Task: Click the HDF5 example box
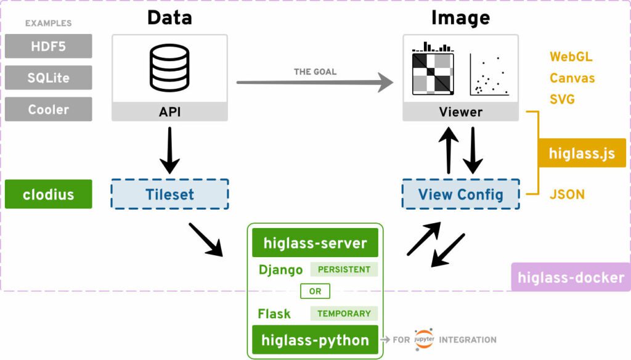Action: [x=49, y=46]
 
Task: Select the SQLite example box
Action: [x=49, y=78]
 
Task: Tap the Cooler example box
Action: [x=49, y=109]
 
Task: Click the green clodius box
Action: [x=49, y=194]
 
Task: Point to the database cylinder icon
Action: [x=169, y=69]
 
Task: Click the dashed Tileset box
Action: [x=169, y=194]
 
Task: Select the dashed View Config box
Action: [x=460, y=195]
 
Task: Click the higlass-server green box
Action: [x=315, y=243]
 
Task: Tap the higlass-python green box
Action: [x=315, y=340]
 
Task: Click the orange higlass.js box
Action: [x=582, y=153]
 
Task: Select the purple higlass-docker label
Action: [x=571, y=277]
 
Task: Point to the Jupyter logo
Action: [x=424, y=340]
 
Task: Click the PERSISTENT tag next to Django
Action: [x=344, y=269]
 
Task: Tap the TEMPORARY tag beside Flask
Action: [x=344, y=314]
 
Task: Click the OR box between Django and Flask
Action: [x=315, y=292]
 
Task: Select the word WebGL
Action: [x=571, y=57]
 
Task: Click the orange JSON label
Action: [x=567, y=195]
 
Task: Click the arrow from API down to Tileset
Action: [x=169, y=150]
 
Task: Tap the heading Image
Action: [x=460, y=17]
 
